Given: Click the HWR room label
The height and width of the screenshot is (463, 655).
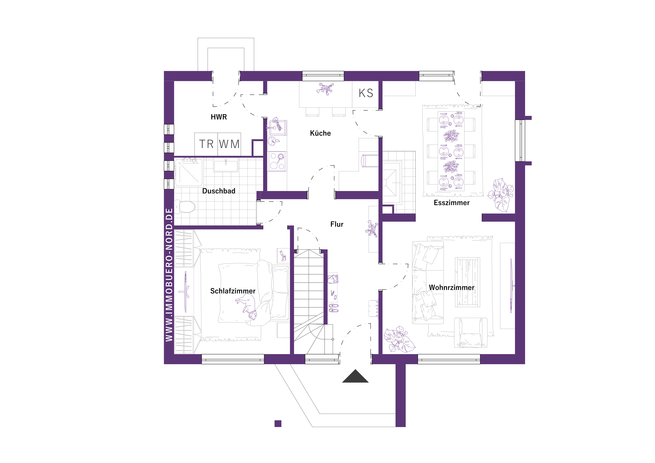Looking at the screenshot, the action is pos(219,117).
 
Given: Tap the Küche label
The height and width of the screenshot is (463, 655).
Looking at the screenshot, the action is pos(320,133).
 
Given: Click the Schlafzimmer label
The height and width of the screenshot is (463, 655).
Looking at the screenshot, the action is pos(233,291).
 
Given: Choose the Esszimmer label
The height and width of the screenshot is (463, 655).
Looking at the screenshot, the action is pos(452,203).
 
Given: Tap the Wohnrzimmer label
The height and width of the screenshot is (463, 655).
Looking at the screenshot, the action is pos(452,288).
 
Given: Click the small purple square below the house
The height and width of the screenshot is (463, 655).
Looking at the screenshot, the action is pos(278,424).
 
